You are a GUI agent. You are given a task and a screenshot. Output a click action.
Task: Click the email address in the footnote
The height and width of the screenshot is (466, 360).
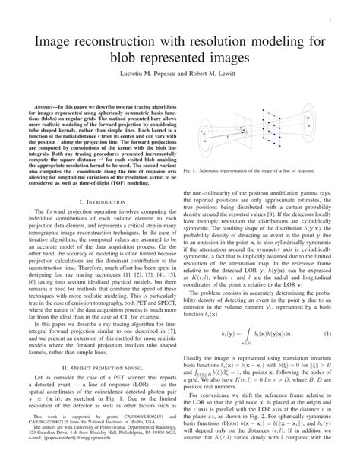(x=72, y=460)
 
